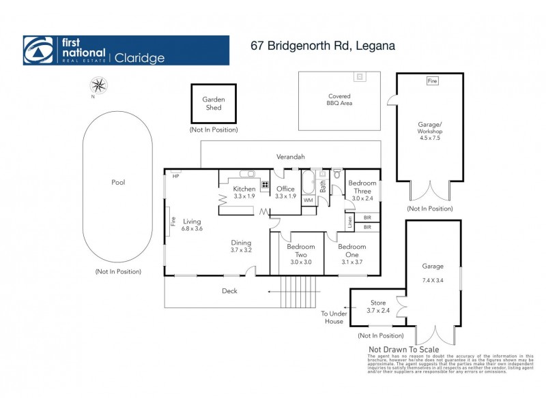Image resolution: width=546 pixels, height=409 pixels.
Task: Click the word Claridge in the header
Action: (139, 58)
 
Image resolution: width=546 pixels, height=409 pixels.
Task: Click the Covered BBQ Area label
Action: (340, 100)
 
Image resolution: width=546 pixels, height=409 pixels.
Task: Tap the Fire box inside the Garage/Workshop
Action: (431, 81)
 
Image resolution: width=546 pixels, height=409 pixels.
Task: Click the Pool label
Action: (118, 183)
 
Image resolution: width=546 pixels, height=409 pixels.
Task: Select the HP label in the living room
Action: (175, 176)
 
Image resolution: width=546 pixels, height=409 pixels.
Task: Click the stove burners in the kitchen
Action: (263, 184)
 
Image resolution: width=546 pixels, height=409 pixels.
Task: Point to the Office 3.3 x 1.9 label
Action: (286, 192)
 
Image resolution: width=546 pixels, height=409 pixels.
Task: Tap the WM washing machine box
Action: (308, 200)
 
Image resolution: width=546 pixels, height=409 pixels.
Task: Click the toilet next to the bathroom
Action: (336, 175)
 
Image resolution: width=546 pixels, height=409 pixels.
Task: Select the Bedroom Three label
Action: (362, 187)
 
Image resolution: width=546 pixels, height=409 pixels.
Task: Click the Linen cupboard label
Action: (349, 221)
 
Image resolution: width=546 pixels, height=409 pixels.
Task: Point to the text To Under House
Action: (334, 318)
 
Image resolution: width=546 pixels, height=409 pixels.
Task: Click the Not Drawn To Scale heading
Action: (404, 350)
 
